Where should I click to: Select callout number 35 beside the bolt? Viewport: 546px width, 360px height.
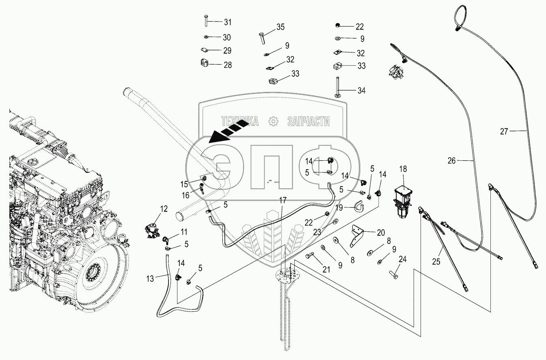(x=281, y=27)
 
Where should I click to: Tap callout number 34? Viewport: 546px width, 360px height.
(x=361, y=91)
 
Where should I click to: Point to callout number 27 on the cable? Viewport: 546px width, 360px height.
(x=504, y=131)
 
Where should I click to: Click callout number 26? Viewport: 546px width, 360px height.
(x=452, y=161)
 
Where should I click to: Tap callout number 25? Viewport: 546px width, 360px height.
(x=436, y=262)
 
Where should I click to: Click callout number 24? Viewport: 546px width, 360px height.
(x=403, y=259)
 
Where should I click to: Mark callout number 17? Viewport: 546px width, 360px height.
(x=283, y=200)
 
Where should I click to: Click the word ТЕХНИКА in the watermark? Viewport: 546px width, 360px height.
(x=240, y=121)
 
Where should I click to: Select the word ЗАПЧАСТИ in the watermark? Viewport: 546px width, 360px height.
(x=308, y=121)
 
